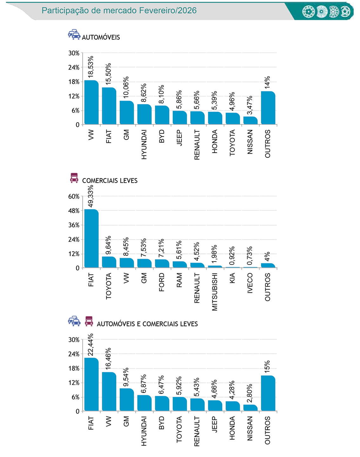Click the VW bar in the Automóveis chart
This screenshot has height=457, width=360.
(91, 102)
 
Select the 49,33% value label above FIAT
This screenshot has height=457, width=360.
(91, 196)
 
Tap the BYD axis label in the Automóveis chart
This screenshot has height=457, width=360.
(162, 136)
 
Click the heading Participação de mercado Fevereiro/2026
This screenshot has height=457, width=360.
(119, 10)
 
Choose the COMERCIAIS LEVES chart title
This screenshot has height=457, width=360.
(110, 181)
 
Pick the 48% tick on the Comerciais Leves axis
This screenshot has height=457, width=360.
(74, 211)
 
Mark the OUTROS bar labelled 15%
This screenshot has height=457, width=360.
(268, 394)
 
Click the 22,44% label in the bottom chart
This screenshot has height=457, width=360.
(91, 345)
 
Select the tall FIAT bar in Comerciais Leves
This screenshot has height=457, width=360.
(91, 239)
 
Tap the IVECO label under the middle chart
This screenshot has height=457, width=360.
(250, 283)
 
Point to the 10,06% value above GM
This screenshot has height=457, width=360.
(126, 87)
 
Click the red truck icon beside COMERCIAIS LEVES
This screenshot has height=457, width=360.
(74, 178)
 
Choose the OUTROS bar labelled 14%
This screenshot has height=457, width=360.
(268, 108)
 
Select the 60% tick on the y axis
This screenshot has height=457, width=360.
(74, 196)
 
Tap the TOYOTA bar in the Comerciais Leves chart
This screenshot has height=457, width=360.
(109, 262)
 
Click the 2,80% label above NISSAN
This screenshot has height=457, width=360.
(250, 393)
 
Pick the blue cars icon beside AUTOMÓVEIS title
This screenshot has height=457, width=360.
(74, 34)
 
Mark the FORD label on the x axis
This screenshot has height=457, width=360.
(162, 282)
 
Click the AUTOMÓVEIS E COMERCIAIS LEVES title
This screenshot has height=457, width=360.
(147, 324)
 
